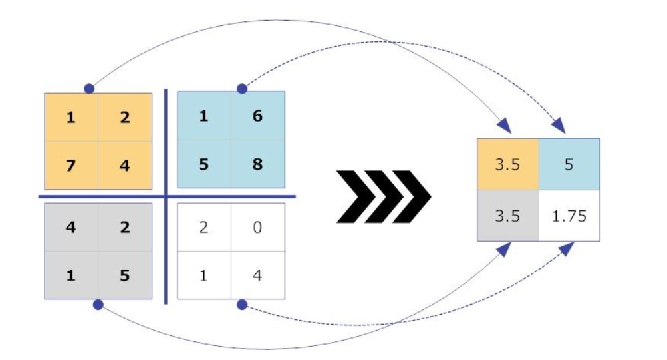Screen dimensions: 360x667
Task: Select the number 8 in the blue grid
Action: click(x=257, y=164)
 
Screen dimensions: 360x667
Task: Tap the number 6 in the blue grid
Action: click(x=257, y=116)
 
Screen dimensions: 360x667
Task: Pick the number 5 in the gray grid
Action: click(x=125, y=275)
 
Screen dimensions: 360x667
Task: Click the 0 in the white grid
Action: click(x=258, y=228)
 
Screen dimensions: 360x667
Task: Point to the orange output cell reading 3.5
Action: click(x=507, y=164)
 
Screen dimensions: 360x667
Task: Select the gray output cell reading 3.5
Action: click(x=507, y=216)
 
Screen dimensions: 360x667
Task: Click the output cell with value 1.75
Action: click(x=569, y=216)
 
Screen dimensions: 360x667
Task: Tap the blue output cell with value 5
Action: click(x=569, y=164)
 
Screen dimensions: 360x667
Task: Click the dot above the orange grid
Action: click(x=90, y=89)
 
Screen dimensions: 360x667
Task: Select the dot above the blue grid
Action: click(x=242, y=89)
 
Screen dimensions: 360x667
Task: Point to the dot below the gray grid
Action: click(x=98, y=305)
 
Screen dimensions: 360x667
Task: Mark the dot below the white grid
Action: click(x=242, y=305)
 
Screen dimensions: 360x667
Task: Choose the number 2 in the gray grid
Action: click(x=125, y=228)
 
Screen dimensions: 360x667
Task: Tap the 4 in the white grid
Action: click(x=258, y=275)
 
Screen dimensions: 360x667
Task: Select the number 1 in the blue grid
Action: click(x=203, y=116)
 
